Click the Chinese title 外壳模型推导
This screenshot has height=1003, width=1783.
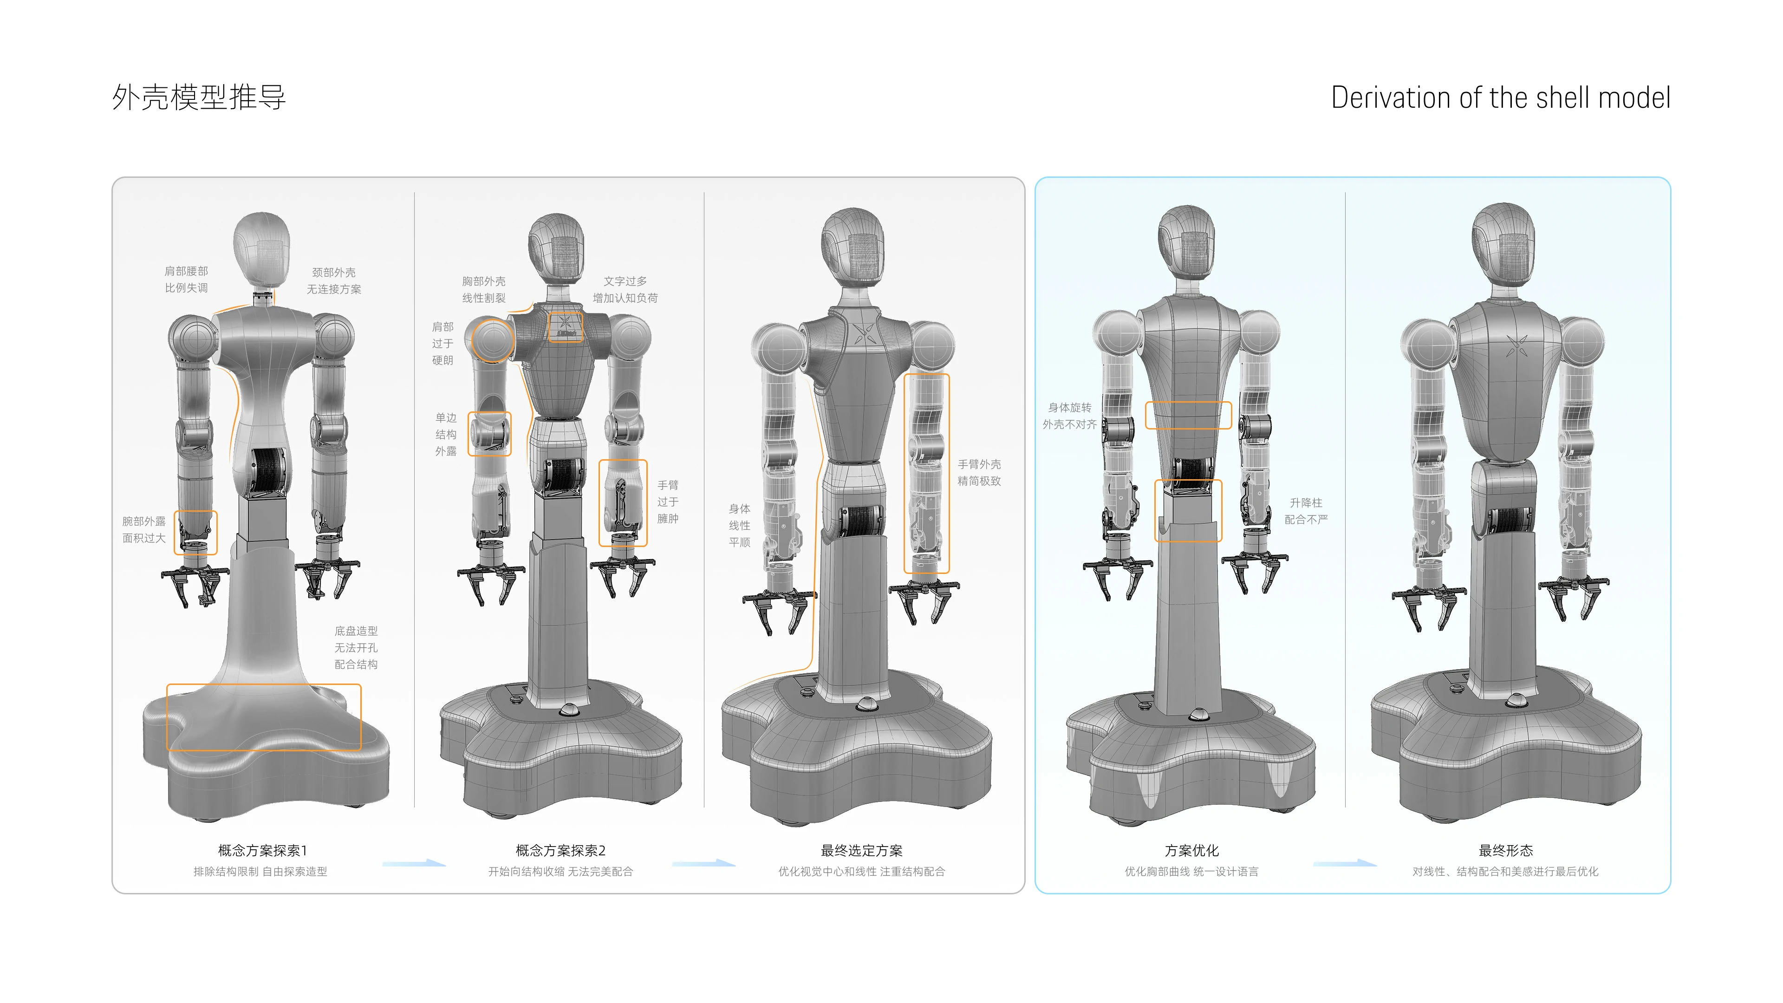(x=199, y=98)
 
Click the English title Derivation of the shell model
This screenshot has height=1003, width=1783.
(x=1501, y=98)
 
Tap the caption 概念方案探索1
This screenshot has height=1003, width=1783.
(x=262, y=850)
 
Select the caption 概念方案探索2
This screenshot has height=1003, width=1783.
(x=560, y=850)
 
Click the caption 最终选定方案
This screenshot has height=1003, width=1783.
(x=862, y=850)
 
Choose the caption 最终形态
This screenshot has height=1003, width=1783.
(x=1506, y=850)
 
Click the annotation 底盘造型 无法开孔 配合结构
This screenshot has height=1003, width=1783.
(x=356, y=648)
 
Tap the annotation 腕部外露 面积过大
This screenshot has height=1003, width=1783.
(x=144, y=529)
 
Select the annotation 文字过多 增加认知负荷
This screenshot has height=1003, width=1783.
(x=625, y=289)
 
